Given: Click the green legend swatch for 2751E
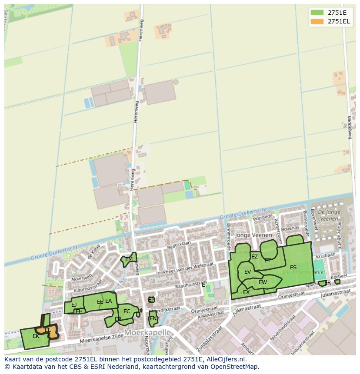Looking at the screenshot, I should [317, 12].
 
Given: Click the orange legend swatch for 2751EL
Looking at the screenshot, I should [317, 21].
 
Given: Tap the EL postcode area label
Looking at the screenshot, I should [48, 330].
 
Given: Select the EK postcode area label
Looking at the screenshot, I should [36, 336].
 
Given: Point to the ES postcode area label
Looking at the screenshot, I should [293, 268].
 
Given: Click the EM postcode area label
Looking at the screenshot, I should [129, 259].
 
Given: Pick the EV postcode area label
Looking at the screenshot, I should [247, 272].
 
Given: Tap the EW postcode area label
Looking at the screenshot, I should [263, 282].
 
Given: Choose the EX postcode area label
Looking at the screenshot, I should [246, 292].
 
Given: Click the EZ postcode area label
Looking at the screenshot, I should [254, 257].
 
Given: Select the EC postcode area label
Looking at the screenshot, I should [127, 311].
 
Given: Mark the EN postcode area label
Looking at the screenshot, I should [153, 318].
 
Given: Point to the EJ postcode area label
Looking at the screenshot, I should [74, 305].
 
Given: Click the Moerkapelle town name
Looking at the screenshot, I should [147, 332].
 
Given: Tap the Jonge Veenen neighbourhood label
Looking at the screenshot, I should [253, 235].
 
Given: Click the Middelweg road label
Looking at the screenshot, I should [349, 127].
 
